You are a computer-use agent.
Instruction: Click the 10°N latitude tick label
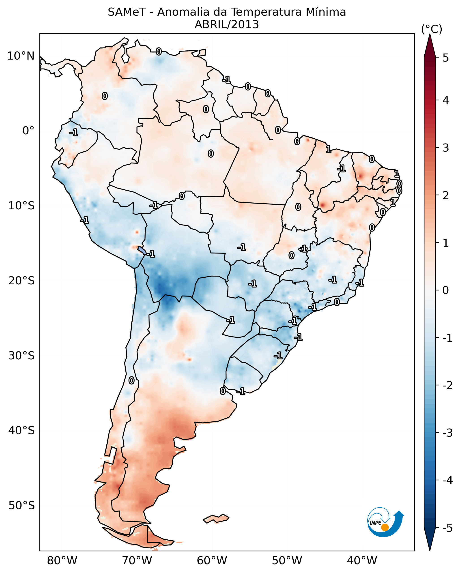point(21,56)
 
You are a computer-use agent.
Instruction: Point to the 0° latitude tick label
point(28,131)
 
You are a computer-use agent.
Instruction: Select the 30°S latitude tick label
point(21,356)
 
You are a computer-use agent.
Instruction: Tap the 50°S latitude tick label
point(21,506)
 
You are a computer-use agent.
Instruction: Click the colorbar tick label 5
point(446,58)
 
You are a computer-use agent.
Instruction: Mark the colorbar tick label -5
point(447,528)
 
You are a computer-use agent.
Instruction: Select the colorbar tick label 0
point(446,290)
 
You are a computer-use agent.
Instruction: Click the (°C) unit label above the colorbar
point(432,29)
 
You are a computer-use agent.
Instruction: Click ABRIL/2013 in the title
point(227,25)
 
